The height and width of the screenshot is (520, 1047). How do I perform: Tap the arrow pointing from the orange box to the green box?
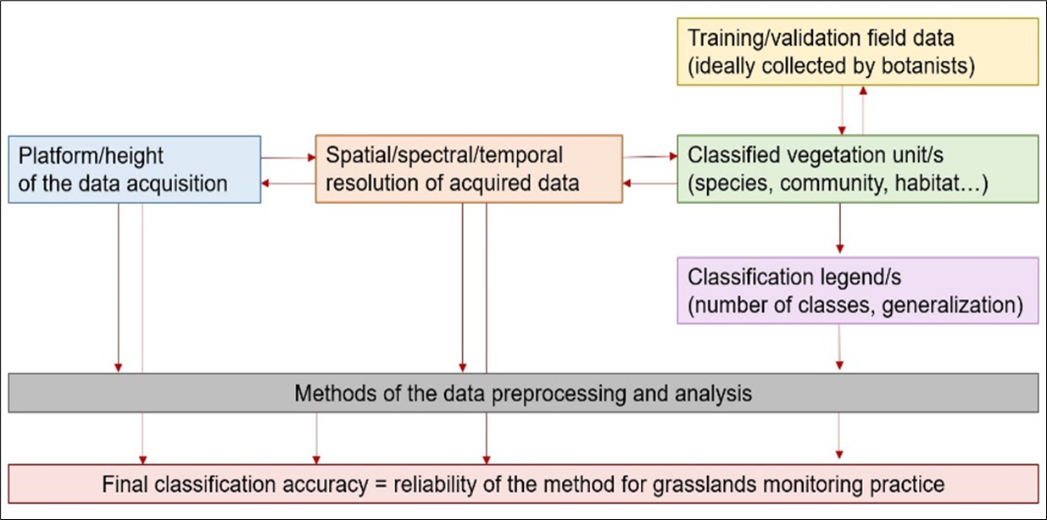(649, 157)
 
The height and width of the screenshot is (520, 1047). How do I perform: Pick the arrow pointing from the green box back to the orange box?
(649, 183)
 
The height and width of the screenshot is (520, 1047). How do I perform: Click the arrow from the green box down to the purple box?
(839, 229)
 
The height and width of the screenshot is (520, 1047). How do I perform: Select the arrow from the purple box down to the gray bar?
(839, 347)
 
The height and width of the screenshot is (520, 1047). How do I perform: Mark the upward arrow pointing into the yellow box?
(862, 109)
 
